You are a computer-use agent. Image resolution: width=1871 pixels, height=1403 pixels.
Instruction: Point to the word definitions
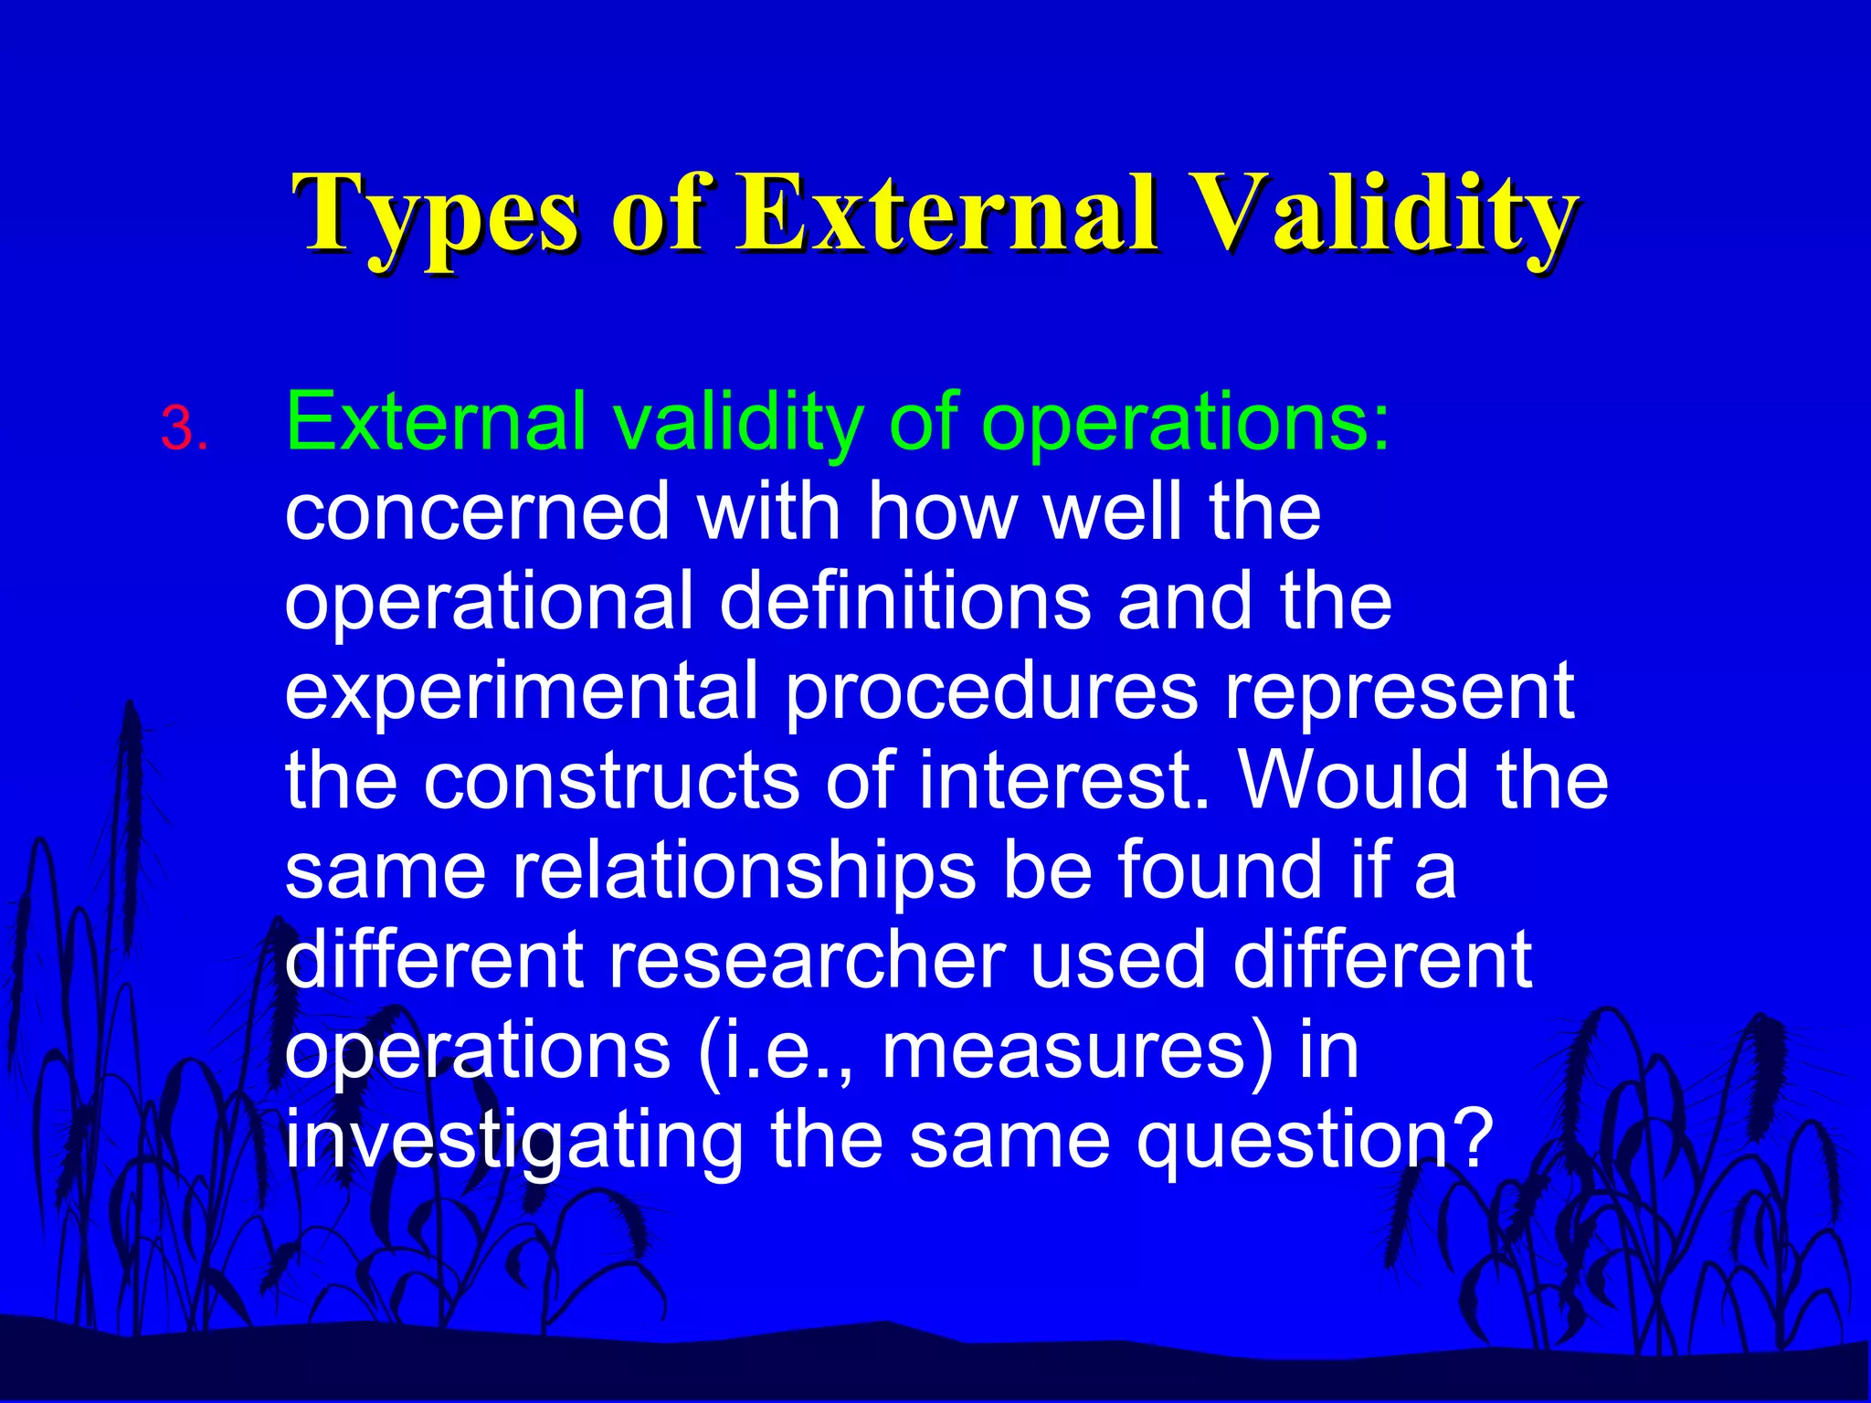click(905, 602)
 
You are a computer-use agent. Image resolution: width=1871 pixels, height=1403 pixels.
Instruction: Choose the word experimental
click(522, 691)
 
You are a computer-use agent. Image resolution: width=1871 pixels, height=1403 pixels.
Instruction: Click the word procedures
click(991, 691)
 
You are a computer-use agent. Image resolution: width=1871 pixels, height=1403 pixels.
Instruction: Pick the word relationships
click(745, 870)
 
